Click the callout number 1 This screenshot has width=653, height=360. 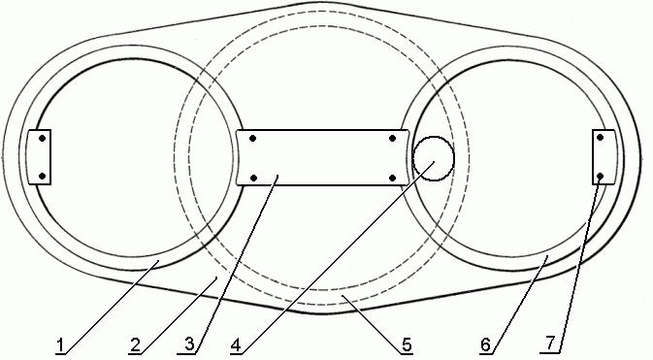(61, 345)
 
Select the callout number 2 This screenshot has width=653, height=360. (135, 345)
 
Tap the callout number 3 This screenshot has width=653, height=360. (189, 344)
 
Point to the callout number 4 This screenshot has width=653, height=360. (236, 345)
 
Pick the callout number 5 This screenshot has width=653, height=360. (407, 344)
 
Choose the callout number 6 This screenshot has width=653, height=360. (485, 345)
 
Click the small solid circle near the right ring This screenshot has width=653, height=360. (433, 158)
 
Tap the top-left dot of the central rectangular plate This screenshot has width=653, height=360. (253, 139)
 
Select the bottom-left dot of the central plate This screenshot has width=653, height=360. (253, 178)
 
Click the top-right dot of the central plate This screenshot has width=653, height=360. (392, 139)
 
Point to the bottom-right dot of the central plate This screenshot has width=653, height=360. (392, 178)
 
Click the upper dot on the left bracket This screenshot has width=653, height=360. (42, 139)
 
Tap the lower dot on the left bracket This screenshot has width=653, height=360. (42, 177)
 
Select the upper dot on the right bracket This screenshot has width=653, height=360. (600, 137)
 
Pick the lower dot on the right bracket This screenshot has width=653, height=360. (600, 177)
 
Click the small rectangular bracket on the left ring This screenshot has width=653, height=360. (39, 157)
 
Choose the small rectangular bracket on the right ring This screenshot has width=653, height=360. (604, 157)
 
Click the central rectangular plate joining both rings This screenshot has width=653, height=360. (323, 157)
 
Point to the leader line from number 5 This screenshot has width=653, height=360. (372, 325)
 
